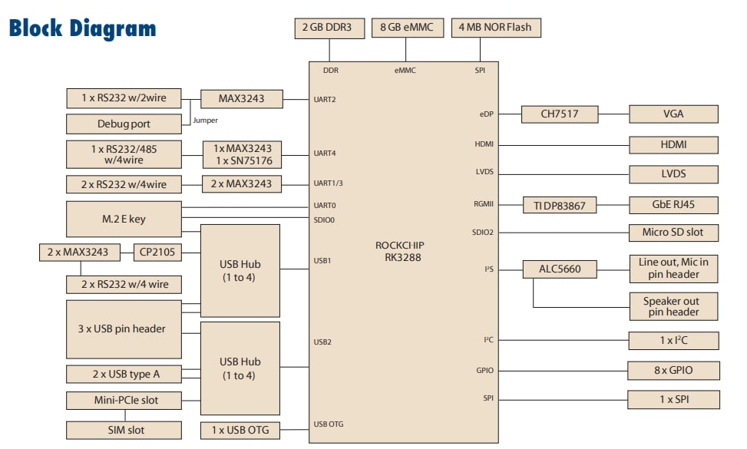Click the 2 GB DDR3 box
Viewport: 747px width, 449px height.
329,28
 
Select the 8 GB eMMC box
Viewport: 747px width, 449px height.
406,28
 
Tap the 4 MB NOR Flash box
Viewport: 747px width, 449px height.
494,28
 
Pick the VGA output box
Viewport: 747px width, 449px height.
673,114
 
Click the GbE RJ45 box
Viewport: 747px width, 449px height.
673,206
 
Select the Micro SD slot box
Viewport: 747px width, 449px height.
673,232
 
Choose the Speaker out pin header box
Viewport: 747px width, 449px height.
673,306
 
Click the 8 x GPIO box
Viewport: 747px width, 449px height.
673,371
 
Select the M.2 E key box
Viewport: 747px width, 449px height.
124,220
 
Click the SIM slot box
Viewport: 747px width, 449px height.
124,430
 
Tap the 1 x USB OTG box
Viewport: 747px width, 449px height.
240,430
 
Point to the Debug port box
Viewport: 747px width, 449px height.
124,124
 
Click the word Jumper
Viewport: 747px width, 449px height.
205,121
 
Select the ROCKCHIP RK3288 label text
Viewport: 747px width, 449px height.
399,252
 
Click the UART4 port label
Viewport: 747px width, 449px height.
325,154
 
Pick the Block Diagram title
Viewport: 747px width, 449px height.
82,28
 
